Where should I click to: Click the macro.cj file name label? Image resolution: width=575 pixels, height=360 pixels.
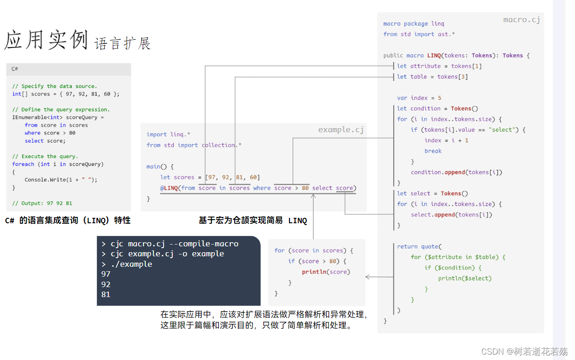pyautogui.click(x=522, y=20)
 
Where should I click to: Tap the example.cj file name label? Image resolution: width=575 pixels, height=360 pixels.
pyautogui.click(x=341, y=130)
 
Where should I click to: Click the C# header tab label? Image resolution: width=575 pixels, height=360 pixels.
pyautogui.click(x=14, y=69)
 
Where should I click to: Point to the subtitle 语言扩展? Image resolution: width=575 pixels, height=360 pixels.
pyautogui.click(x=122, y=43)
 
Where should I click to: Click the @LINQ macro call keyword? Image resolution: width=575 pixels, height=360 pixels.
pyautogui.click(x=169, y=188)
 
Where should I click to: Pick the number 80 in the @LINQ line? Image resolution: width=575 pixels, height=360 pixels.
pyautogui.click(x=305, y=188)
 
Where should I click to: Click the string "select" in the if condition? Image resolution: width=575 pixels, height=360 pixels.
pyautogui.click(x=502, y=130)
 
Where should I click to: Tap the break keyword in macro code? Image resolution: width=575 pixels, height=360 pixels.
pyautogui.click(x=433, y=151)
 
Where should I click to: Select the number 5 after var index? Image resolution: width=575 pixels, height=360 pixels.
pyautogui.click(x=440, y=98)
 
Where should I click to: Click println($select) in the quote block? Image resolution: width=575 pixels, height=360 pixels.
pyautogui.click(x=464, y=278)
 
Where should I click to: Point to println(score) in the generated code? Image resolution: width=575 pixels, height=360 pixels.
pyautogui.click(x=326, y=272)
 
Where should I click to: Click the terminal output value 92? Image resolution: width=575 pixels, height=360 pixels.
pyautogui.click(x=106, y=284)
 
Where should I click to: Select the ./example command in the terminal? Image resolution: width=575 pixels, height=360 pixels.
pyautogui.click(x=131, y=264)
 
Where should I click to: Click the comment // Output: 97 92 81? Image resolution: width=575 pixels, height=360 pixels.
pyautogui.click(x=42, y=203)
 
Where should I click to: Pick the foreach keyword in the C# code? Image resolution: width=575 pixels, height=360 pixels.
pyautogui.click(x=23, y=164)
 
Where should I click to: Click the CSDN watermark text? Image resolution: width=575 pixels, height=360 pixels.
pyautogui.click(x=524, y=351)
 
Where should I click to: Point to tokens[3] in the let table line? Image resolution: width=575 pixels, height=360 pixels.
pyautogui.click(x=452, y=77)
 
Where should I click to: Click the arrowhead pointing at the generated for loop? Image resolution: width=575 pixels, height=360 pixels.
pyautogui.click(x=367, y=277)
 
